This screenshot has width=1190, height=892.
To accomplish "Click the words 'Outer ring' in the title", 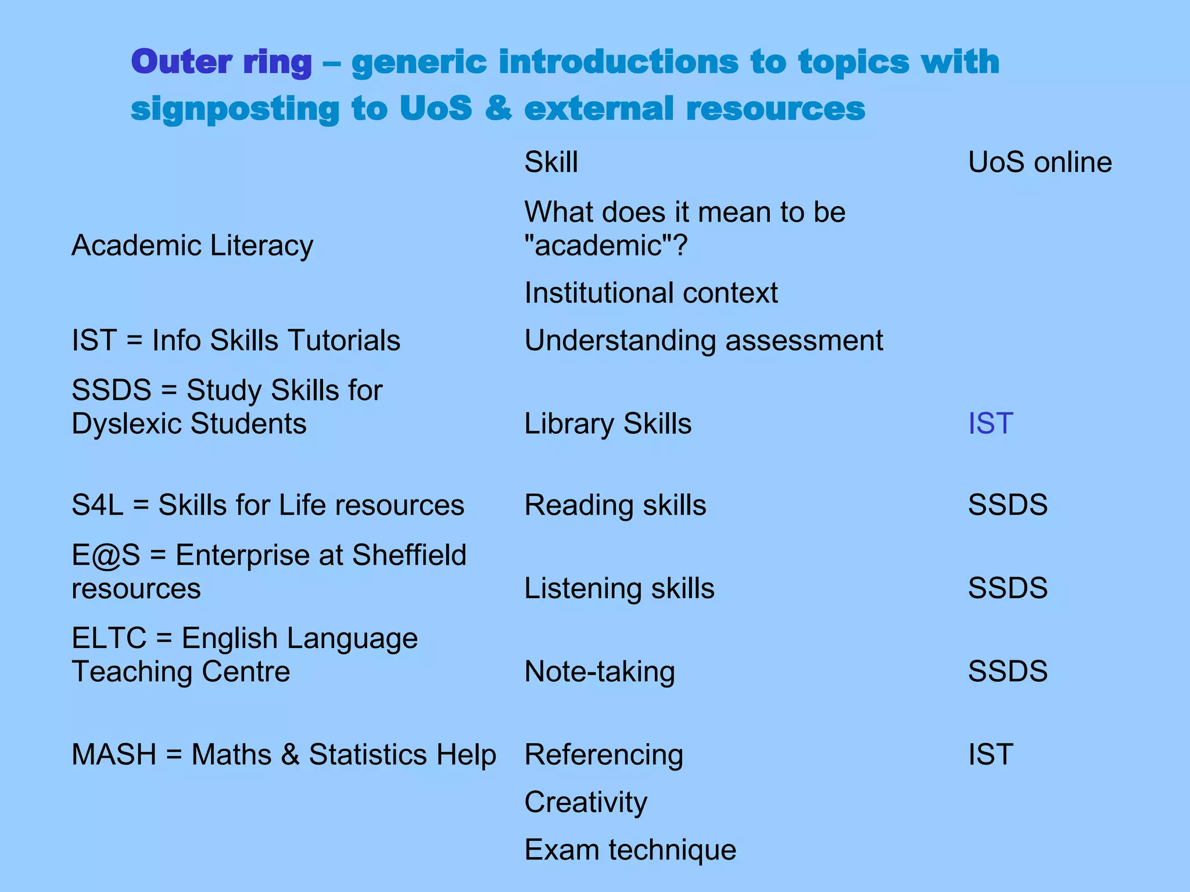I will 221,62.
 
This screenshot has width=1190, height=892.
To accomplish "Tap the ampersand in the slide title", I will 498,109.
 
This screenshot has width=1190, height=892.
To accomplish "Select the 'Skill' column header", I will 551,162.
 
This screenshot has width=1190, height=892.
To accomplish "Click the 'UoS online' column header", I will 1040,162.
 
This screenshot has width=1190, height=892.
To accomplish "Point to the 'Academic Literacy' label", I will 192,245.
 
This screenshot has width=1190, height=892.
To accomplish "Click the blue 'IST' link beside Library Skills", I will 990,423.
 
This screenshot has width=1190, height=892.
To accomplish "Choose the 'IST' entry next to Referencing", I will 990,754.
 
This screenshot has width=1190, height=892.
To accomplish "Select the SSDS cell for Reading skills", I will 1007,505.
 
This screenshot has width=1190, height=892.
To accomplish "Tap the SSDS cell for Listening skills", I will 1007,588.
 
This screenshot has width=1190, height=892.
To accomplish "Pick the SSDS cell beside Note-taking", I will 1007,671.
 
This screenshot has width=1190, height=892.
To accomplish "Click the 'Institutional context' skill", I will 651,293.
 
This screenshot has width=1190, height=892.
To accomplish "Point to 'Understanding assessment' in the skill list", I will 704,340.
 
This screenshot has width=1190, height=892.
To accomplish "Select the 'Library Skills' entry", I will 608,423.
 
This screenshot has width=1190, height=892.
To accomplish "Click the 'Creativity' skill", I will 586,803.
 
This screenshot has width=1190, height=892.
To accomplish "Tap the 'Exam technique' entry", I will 630,850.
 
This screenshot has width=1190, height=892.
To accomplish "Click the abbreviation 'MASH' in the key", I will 114,754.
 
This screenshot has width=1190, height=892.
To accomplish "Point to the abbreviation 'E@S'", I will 106,555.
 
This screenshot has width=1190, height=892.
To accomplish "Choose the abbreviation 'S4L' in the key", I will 97,505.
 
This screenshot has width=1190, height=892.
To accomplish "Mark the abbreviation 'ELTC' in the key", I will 109,638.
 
